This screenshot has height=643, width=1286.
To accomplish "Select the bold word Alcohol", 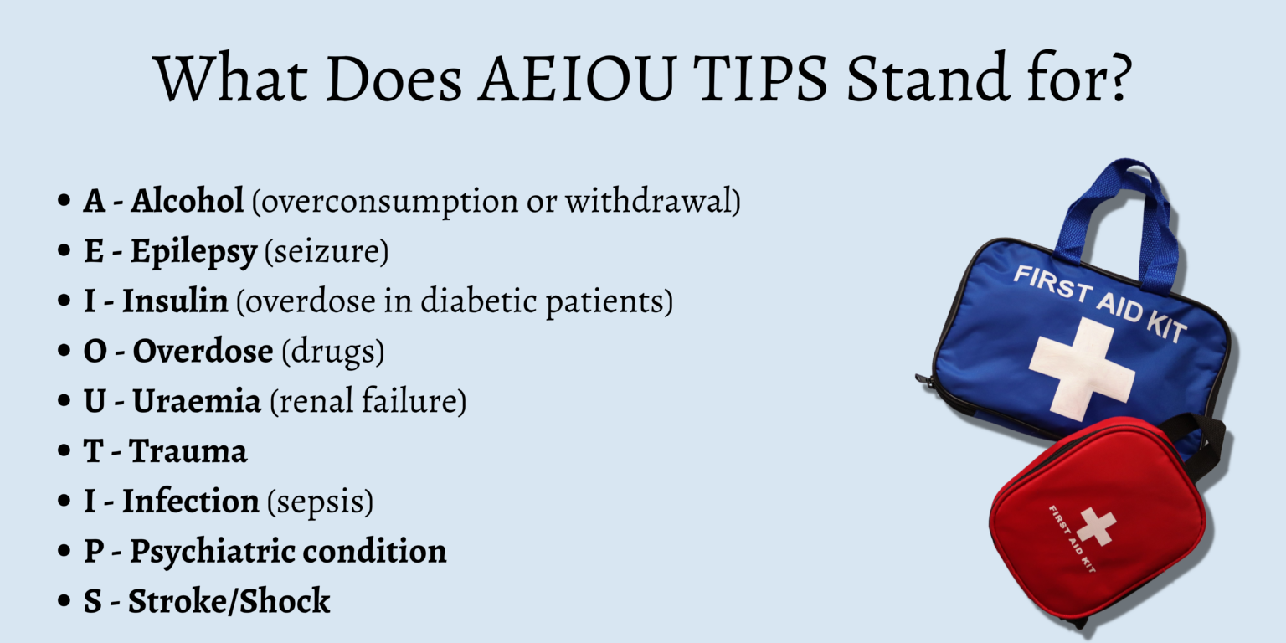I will coord(188,202).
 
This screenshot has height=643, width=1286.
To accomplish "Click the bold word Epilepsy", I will coord(193,252).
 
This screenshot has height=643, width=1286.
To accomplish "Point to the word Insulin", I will coord(175,302).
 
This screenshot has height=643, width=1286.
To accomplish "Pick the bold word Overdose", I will coord(203,352).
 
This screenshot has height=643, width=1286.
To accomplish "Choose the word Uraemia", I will coord(197,402).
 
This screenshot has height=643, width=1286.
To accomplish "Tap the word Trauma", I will coord(188,452).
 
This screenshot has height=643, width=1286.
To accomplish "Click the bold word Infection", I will coord(191,502).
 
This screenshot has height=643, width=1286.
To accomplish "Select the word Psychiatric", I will coord(212,552).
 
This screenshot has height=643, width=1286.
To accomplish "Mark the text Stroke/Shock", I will coord(229,601).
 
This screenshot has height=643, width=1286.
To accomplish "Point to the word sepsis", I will coord(320,502).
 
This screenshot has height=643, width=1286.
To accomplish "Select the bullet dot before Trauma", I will coord(64,452).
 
